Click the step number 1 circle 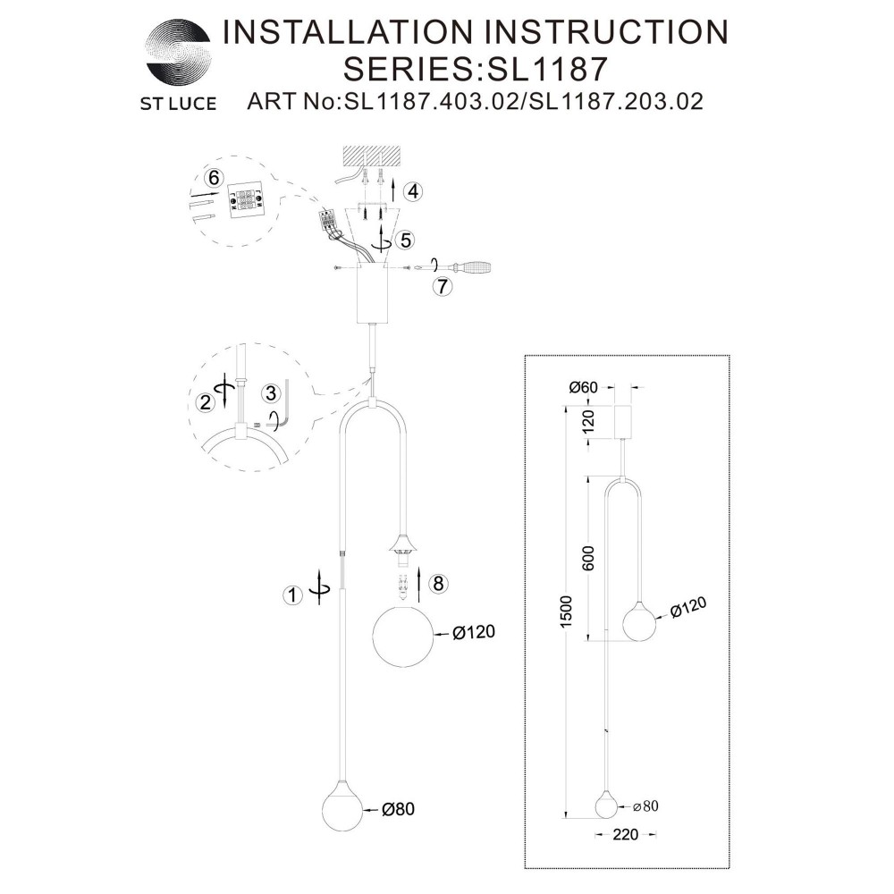[x=291, y=595]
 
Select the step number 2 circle [x=207, y=402]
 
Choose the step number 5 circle [x=407, y=239]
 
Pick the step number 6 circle [x=213, y=178]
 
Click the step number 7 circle [x=439, y=287]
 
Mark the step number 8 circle [x=436, y=584]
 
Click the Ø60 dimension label [x=582, y=387]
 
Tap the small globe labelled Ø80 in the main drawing [x=342, y=810]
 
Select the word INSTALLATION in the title [x=343, y=32]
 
